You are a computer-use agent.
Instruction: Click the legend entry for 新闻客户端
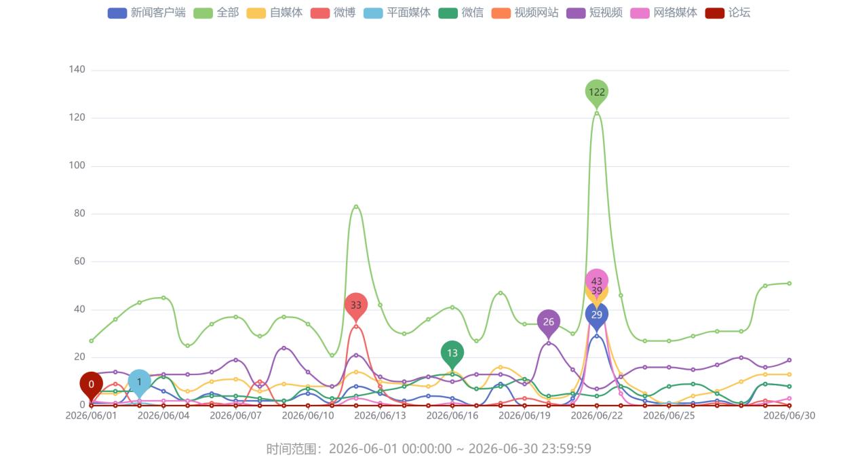(147, 13)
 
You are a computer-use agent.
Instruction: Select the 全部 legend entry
(216, 13)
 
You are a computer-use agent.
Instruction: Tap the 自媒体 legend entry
(275, 13)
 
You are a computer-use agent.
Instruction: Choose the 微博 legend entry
(333, 13)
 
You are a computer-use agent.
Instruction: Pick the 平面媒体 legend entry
(397, 13)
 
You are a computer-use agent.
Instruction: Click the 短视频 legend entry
(594, 13)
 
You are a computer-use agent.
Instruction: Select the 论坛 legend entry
(728, 13)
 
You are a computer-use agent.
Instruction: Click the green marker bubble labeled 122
(597, 93)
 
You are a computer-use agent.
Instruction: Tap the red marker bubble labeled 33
(356, 307)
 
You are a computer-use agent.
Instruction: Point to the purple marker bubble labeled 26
(549, 323)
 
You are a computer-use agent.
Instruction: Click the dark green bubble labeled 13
(452, 354)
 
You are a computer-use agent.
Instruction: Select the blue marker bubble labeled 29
(597, 316)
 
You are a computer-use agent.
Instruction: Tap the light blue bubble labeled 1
(140, 383)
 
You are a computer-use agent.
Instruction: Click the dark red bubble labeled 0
(91, 385)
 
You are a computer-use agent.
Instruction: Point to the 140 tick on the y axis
(77, 69)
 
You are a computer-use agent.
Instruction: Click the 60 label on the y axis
(79, 261)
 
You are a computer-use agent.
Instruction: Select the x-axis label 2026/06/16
(452, 416)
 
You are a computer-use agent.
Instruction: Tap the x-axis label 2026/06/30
(789, 416)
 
